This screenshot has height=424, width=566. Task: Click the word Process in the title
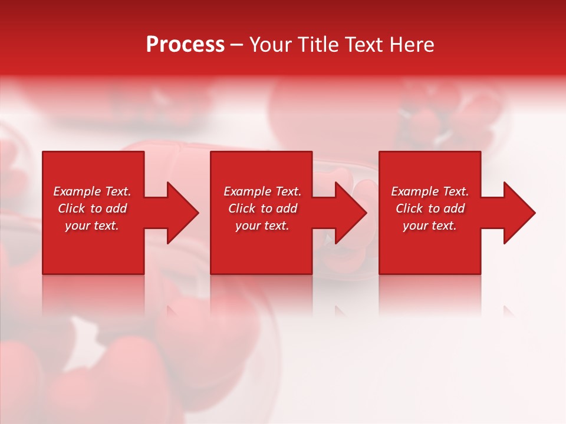tap(185, 45)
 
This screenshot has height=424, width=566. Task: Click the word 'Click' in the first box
tap(71, 208)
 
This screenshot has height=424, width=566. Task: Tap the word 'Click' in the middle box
tap(242, 208)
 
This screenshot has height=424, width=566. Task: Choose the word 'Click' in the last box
tap(409, 208)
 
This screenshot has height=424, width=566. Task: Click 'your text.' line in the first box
tap(92, 226)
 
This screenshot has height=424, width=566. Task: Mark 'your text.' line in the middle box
tap(262, 226)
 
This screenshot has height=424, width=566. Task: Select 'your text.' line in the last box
tap(430, 226)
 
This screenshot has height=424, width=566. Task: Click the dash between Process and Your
tap(236, 45)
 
